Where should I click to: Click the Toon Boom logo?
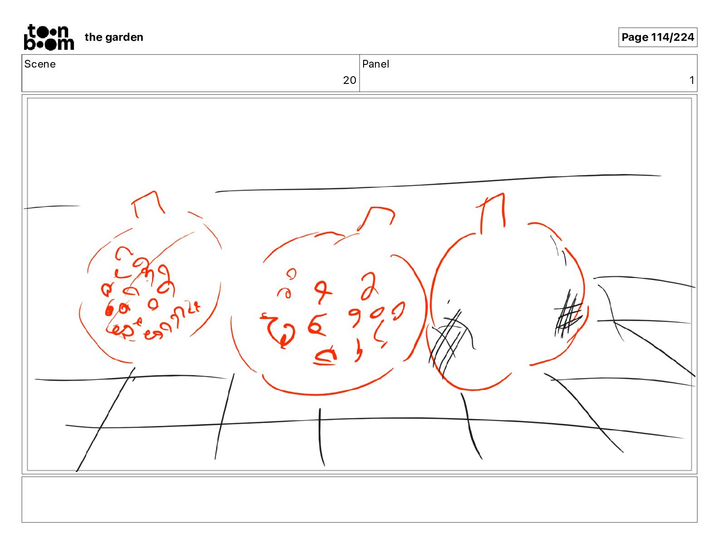49,37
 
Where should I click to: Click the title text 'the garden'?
114,37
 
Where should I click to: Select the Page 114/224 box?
657,37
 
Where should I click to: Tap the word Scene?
39,64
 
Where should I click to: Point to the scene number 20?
350,80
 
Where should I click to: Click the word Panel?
375,64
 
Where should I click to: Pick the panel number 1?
692,80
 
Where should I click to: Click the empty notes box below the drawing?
359,500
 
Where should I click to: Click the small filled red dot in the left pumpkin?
108,311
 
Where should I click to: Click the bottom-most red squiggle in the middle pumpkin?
325,356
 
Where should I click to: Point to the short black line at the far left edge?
52,207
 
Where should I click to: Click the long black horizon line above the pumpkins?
438,184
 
